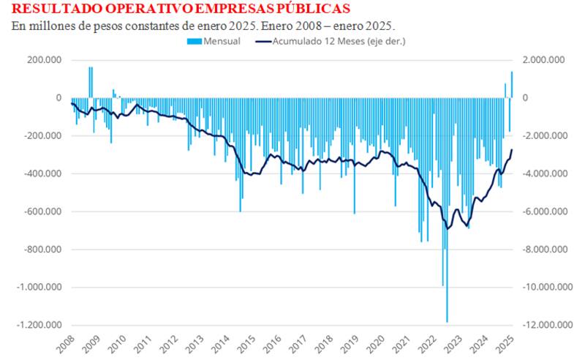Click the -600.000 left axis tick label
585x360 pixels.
pyautogui.click(x=42, y=211)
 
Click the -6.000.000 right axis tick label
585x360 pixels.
pyautogui.click(x=543, y=211)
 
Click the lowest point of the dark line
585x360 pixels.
pyautogui.click(x=448, y=229)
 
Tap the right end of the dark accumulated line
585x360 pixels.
pyautogui.click(x=512, y=149)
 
